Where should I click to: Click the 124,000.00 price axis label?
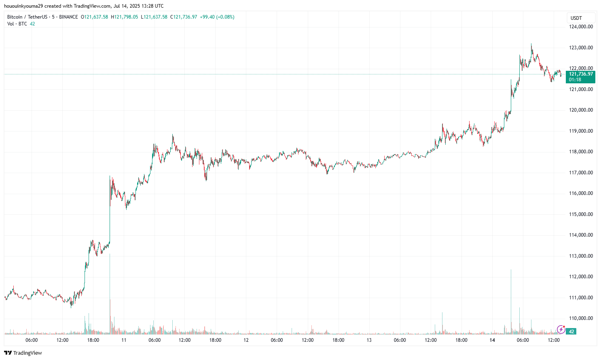point(581,27)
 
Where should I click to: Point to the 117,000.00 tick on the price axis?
point(581,173)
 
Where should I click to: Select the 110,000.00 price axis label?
point(581,318)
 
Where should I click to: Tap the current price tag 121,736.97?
point(581,74)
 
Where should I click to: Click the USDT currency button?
point(576,18)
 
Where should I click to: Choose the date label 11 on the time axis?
point(124,340)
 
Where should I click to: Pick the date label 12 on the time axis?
point(246,340)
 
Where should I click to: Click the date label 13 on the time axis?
point(369,340)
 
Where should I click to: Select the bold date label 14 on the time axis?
point(492,340)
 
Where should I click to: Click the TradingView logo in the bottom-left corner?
point(23,353)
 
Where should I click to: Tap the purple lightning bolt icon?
point(561,330)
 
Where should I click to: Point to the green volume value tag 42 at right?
point(571,332)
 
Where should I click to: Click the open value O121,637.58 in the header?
point(95,17)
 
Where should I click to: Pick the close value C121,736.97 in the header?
point(184,17)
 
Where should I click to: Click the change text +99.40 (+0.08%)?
point(217,17)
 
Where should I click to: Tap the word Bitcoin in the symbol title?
point(15,17)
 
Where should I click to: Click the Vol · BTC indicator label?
point(17,24)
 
